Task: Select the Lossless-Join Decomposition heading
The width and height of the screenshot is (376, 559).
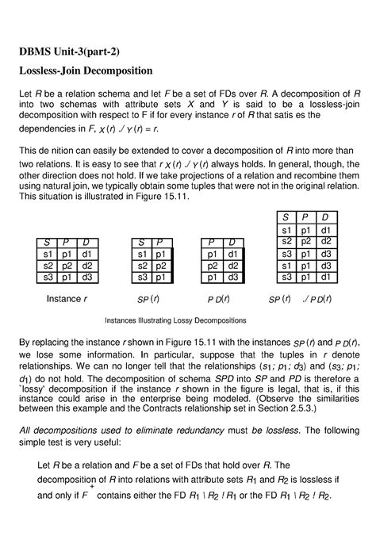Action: pos(85,71)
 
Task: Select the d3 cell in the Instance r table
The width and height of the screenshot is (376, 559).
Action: pos(87,278)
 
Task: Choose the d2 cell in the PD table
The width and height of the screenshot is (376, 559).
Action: pos(232,266)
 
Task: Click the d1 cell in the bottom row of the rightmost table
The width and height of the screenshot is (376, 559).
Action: pos(325,278)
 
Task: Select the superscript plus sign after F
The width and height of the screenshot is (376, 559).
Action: pos(145,489)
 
